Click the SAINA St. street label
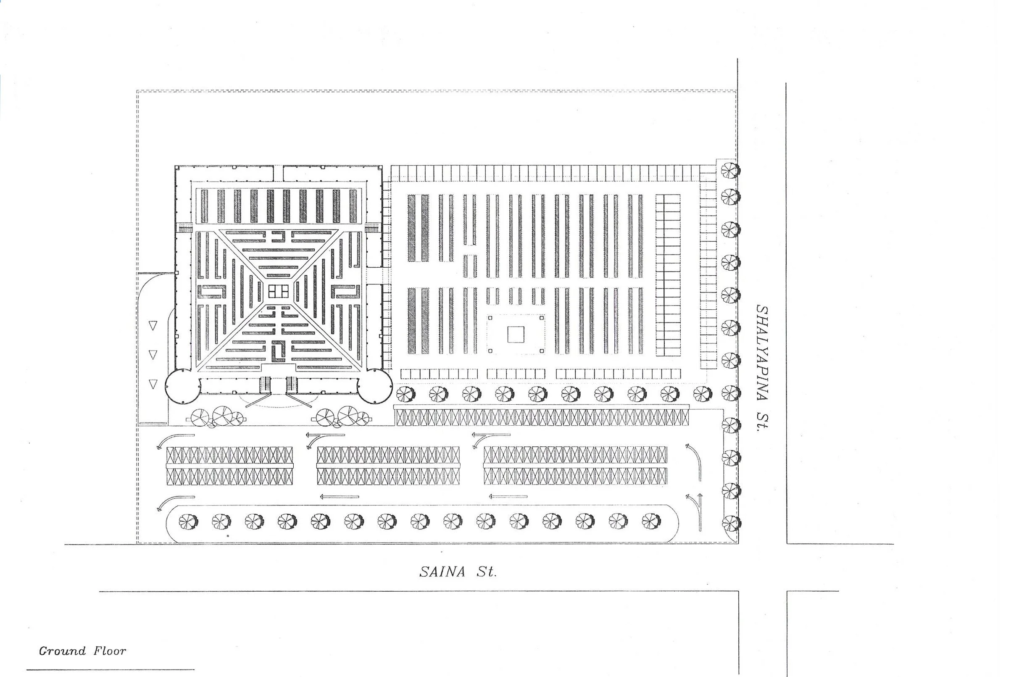[x=458, y=572]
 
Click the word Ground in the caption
[x=62, y=651]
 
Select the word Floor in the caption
[x=110, y=651]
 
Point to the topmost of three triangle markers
[x=153, y=325]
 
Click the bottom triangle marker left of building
[x=153, y=384]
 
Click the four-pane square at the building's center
[x=279, y=292]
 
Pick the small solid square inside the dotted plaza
[x=516, y=334]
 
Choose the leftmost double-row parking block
[x=230, y=466]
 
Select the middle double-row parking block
[x=388, y=466]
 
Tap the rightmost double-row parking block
[x=575, y=466]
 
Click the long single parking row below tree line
[x=542, y=417]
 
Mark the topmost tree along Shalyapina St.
[x=730, y=170]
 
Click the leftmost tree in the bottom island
[x=188, y=522]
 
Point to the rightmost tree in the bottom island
[x=651, y=521]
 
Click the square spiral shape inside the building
[x=279, y=351]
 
